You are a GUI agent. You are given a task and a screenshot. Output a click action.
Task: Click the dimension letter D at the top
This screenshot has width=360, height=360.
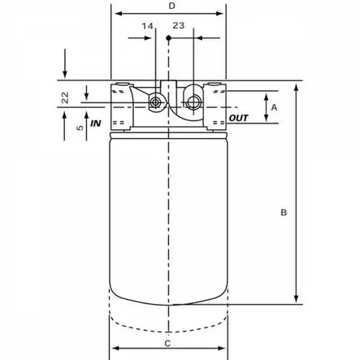[171, 7]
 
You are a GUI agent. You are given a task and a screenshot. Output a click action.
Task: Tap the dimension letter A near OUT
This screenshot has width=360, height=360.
[274, 107]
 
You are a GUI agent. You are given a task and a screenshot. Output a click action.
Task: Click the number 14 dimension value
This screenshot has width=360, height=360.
[147, 26]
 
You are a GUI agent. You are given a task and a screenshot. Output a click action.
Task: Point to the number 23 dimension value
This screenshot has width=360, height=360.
[179, 26]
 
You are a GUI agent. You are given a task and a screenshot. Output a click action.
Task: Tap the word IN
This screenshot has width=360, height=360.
[96, 124]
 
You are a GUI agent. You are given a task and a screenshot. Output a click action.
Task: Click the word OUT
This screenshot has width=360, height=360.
[239, 119]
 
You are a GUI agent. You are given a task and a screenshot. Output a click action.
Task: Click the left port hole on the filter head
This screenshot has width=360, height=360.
[154, 102]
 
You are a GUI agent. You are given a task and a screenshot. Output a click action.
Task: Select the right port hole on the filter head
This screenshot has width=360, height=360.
[193, 102]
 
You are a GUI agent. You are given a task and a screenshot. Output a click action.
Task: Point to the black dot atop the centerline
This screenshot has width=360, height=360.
[167, 37]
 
